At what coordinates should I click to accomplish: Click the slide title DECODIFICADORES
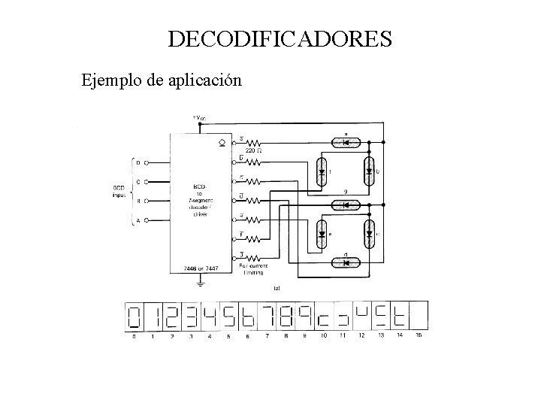[x=280, y=39]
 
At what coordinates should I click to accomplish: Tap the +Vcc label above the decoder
[x=201, y=118]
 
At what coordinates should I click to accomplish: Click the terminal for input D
[x=147, y=162]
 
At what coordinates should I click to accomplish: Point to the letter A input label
[x=138, y=220]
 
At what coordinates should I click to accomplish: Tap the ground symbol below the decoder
[x=201, y=283]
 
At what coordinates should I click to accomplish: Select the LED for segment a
[x=346, y=142]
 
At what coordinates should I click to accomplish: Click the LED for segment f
[x=322, y=171]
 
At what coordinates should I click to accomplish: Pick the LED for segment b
[x=369, y=171]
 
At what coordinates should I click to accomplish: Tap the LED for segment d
[x=346, y=263]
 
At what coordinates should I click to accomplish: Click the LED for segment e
[x=322, y=234]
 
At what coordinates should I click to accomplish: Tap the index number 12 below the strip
[x=361, y=336]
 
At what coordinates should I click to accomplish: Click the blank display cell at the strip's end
[x=418, y=316]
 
